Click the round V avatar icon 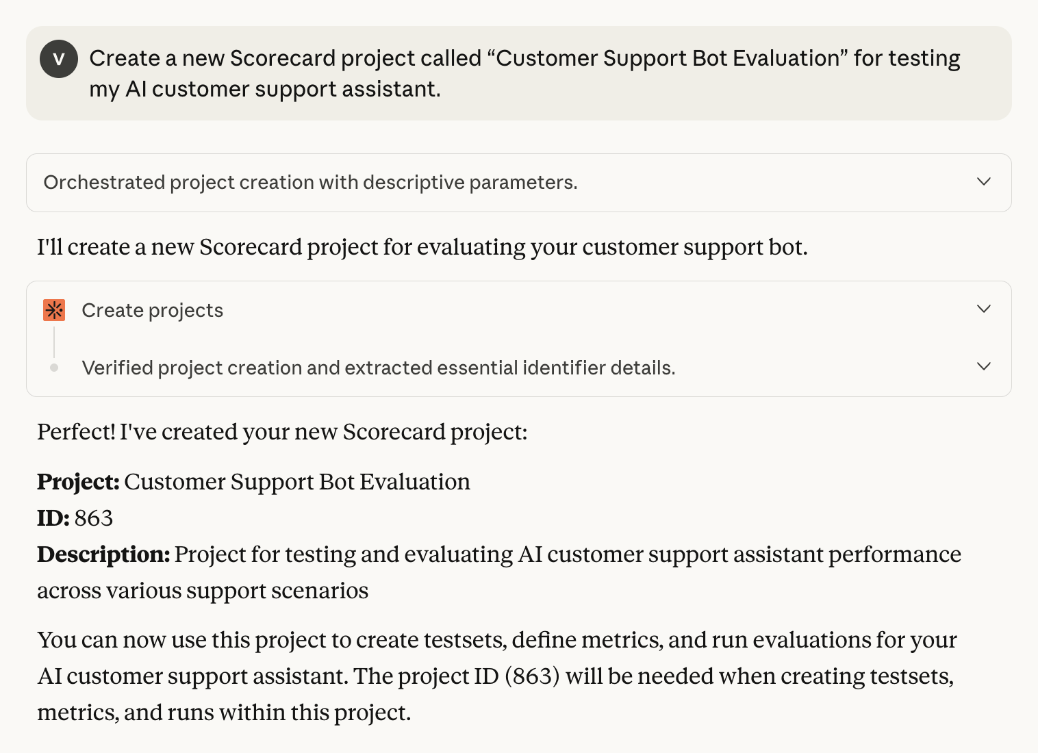pyautogui.click(x=59, y=59)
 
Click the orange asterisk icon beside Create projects pyautogui.click(x=54, y=310)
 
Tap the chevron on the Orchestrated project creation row pyautogui.click(x=984, y=181)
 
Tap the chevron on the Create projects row pyautogui.click(x=984, y=309)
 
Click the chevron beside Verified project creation pyautogui.click(x=984, y=366)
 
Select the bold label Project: pyautogui.click(x=78, y=482)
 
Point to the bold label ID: pyautogui.click(x=53, y=518)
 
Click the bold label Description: pyautogui.click(x=103, y=555)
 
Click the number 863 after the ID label pyautogui.click(x=94, y=518)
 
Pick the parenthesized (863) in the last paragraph pyautogui.click(x=533, y=676)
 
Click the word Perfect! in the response pyautogui.click(x=76, y=432)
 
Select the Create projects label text pyautogui.click(x=153, y=311)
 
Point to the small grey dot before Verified pyautogui.click(x=54, y=368)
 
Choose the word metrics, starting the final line pyautogui.click(x=78, y=713)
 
